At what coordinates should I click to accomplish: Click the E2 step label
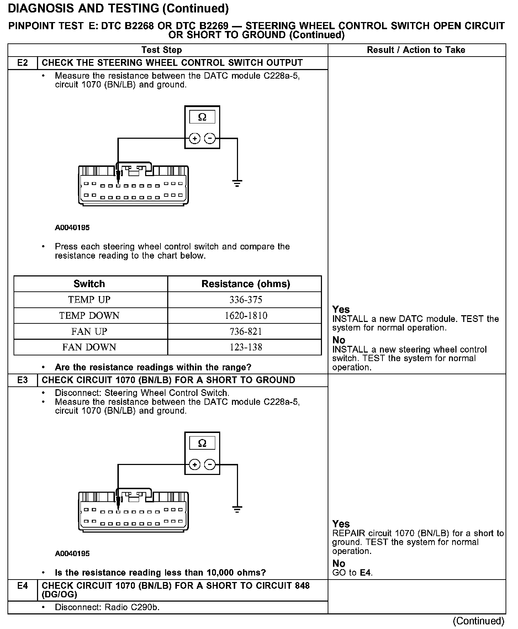[x=22, y=63]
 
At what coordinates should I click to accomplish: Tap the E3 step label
[x=22, y=380]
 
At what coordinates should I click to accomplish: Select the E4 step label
[x=22, y=585]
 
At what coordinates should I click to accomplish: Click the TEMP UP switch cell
[x=89, y=300]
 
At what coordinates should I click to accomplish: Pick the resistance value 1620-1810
[x=246, y=316]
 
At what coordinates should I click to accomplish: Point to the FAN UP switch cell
[x=89, y=331]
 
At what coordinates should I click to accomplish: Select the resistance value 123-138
[x=246, y=347]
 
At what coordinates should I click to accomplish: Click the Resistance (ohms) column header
[x=246, y=284]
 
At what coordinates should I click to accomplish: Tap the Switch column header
[x=89, y=284]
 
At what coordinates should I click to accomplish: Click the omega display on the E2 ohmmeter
[x=202, y=117]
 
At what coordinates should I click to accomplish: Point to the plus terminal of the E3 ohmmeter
[x=195, y=464]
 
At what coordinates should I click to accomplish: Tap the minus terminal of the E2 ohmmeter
[x=210, y=138]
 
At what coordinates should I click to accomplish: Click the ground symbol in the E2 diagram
[x=237, y=183]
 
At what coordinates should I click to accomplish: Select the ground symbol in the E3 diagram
[x=237, y=509]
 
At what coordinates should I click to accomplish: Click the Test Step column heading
[x=162, y=50]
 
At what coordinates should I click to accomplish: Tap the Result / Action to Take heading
[x=416, y=50]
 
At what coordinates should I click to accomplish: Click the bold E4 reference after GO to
[x=366, y=573]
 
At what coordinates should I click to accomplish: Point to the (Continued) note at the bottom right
[x=478, y=621]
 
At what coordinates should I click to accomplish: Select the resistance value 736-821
[x=246, y=332]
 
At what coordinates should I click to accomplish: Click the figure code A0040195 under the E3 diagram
[x=72, y=554]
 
